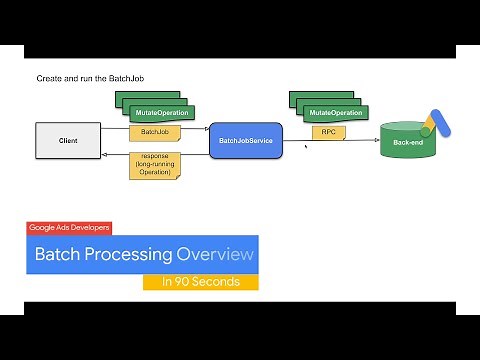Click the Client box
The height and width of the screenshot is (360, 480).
pos(69,140)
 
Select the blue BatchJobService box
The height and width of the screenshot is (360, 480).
pos(246,141)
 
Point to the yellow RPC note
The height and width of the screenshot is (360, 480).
pos(327,131)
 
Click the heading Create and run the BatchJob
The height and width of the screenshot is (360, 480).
pos(92,78)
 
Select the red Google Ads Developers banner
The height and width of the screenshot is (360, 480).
pos(69,227)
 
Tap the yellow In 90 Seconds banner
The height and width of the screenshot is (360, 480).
pos(201,282)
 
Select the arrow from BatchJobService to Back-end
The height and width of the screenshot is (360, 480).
pos(330,141)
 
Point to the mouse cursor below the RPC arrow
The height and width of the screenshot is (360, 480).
pos(306,147)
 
